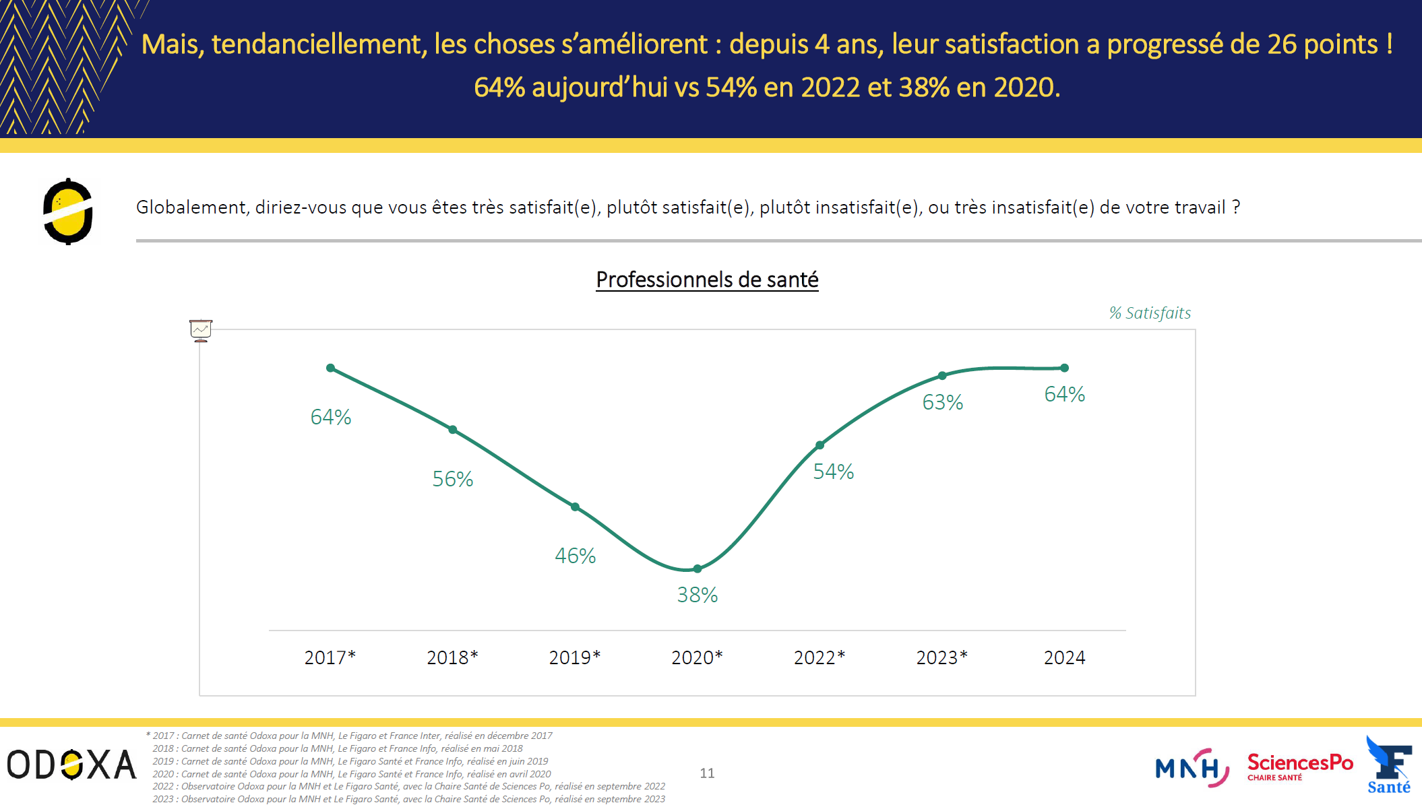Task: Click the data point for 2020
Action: (698, 569)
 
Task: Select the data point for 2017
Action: (330, 368)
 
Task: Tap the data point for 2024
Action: (1064, 368)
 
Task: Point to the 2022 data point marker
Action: (820, 445)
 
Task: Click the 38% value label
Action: (698, 595)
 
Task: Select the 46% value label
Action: (575, 556)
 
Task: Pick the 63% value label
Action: (942, 402)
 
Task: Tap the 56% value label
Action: (452, 479)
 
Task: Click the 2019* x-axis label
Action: (574, 657)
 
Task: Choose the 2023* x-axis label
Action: (941, 657)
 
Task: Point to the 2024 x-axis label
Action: (1064, 657)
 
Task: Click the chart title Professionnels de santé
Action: (707, 280)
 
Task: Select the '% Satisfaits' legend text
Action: (1150, 313)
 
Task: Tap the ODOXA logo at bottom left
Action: (71, 765)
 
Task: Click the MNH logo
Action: (1192, 768)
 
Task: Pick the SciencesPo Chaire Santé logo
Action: (1299, 767)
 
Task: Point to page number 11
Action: (707, 773)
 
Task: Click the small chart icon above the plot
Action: (201, 330)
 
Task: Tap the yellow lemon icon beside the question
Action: (68, 212)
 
